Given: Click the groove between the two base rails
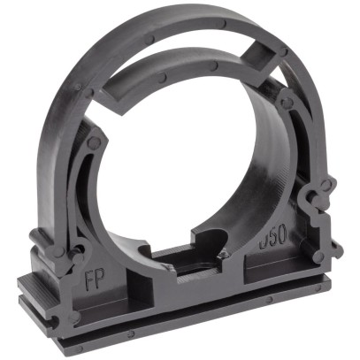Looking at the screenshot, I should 177,321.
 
